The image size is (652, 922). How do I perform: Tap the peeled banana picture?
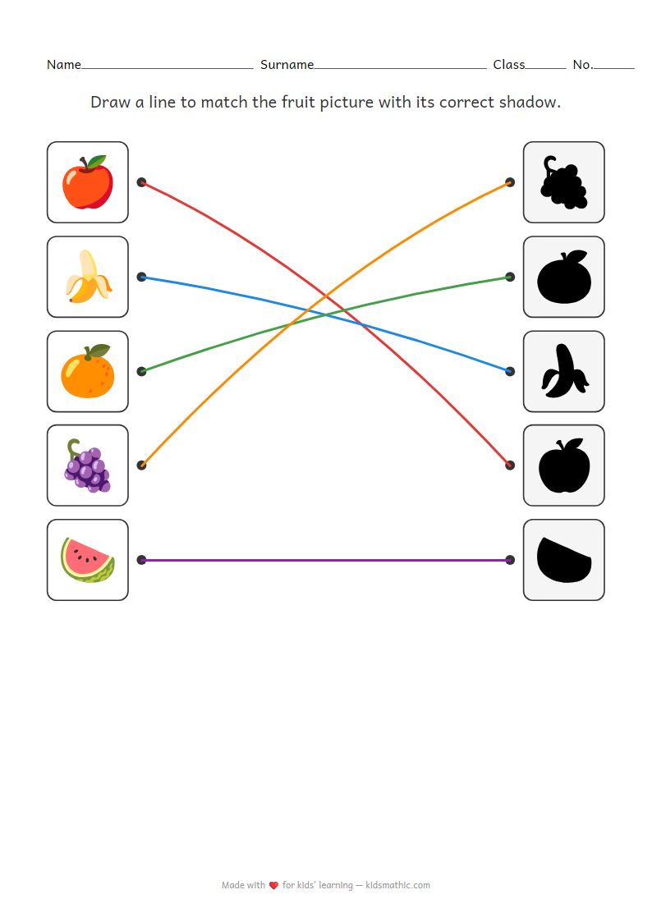(87, 277)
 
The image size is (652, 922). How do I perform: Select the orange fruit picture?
(87, 371)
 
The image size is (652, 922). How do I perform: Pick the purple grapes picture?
(87, 466)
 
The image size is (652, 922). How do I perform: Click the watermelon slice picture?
(87, 560)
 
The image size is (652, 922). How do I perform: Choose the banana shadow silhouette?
(563, 371)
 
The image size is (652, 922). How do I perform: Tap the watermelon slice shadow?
(563, 560)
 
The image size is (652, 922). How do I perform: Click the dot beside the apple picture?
(141, 182)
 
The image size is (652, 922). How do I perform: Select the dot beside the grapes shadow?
(510, 182)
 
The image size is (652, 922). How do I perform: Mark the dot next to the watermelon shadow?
(510, 560)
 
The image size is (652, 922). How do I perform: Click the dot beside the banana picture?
(141, 277)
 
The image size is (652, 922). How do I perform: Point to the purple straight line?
(325, 560)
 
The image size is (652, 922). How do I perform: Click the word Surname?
(287, 65)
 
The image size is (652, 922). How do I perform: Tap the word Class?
(508, 65)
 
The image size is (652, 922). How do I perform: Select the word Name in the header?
(63, 65)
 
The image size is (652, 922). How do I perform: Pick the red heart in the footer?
(273, 886)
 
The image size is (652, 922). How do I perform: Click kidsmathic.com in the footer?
(397, 885)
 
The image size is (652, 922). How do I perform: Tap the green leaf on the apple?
(97, 162)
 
